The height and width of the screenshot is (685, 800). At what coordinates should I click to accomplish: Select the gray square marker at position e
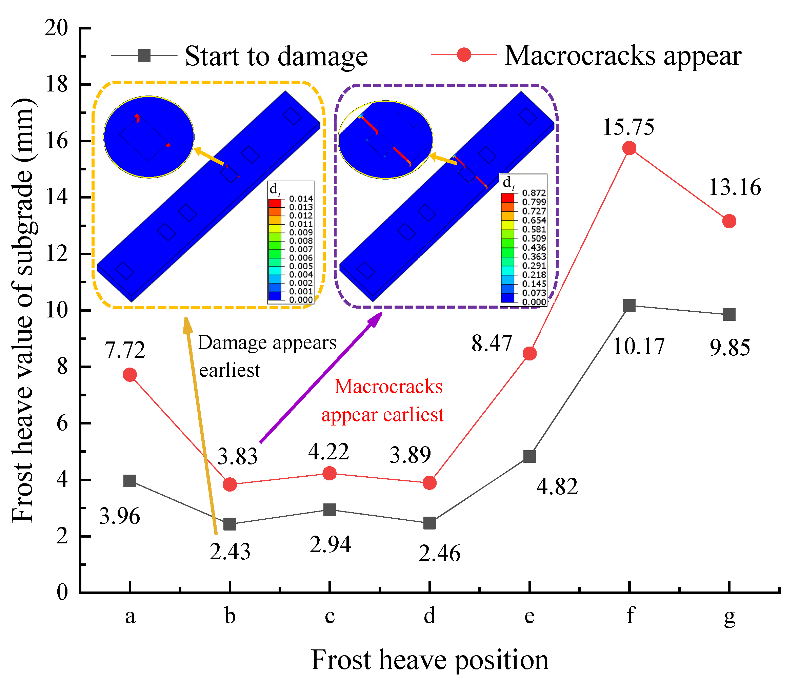[529, 457]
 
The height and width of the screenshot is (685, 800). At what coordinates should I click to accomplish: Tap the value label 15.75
[628, 127]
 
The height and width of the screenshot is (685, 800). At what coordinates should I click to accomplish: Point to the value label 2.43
[230, 552]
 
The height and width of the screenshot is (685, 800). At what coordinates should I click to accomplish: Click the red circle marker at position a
[130, 375]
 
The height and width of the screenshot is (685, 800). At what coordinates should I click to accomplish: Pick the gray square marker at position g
[729, 314]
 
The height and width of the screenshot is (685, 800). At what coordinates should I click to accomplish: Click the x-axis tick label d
[429, 616]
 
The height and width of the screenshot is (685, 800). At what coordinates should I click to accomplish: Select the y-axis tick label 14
[56, 198]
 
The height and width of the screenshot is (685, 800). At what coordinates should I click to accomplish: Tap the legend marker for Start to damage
[144, 56]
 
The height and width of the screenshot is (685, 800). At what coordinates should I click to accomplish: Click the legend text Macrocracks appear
[622, 56]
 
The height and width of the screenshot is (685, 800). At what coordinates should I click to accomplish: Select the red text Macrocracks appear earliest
[383, 400]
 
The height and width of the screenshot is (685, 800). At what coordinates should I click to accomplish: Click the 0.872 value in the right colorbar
[534, 192]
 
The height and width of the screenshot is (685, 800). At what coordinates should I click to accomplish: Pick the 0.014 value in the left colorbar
[301, 199]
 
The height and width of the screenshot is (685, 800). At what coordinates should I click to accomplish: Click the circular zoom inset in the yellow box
[149, 137]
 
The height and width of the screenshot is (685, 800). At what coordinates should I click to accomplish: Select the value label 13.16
[735, 188]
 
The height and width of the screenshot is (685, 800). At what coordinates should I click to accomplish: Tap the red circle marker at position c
[329, 473]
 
